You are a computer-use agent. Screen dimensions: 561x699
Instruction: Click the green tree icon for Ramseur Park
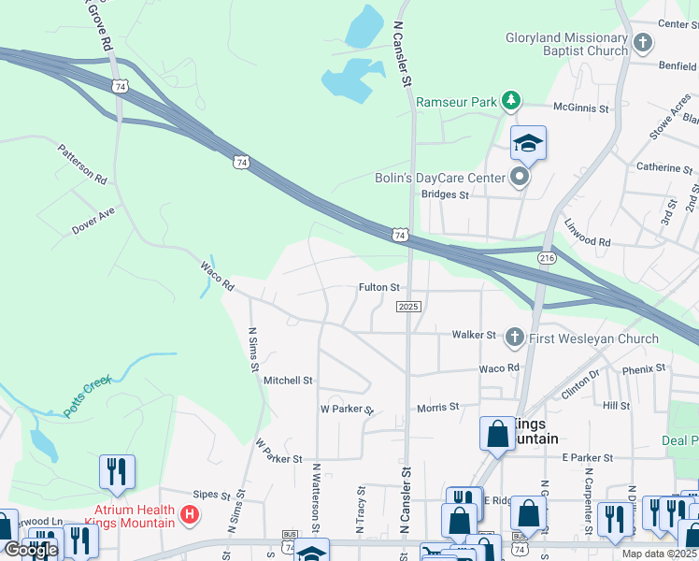510,101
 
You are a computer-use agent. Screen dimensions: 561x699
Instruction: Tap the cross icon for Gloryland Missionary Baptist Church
643,42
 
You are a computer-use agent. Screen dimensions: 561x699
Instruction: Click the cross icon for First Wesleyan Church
514,338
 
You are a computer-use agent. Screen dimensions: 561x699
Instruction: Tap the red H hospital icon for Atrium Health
190,514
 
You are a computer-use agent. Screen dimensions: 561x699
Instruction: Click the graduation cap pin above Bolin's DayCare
528,144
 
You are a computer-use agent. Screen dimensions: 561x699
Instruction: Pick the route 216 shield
547,257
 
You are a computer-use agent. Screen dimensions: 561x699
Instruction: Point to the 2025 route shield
409,307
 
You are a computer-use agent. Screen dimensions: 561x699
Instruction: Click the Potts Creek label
87,396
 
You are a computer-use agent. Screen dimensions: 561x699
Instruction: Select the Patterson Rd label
82,163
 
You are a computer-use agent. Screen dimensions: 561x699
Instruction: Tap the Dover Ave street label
93,221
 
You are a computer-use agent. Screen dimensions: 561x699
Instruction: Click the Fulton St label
379,288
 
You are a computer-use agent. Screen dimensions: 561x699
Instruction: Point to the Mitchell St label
288,381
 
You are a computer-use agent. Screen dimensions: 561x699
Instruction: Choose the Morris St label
438,407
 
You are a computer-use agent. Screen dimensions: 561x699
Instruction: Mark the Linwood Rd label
587,235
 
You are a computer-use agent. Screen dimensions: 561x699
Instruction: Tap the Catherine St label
663,168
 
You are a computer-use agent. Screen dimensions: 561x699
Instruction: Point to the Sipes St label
210,493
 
